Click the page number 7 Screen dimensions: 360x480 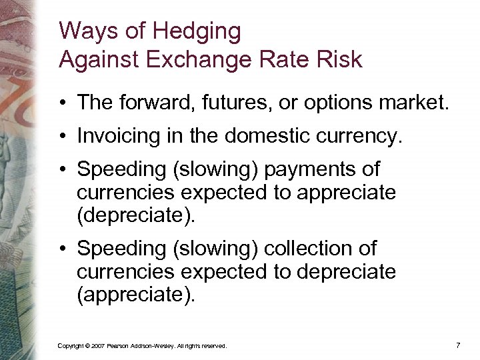point(458,345)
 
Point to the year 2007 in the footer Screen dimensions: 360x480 point(98,346)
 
